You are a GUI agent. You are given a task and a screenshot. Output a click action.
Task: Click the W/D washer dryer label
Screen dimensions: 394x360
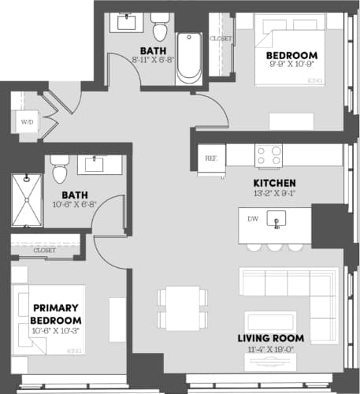coord(26,122)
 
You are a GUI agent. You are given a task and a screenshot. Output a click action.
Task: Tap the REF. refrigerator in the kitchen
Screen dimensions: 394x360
coord(211,157)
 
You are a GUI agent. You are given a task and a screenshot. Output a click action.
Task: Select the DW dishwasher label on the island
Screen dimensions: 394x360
coord(251,219)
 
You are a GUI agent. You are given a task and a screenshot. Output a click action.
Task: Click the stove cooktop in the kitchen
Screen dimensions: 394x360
coord(269,155)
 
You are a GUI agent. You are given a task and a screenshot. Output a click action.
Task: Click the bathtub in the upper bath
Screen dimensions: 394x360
coord(189,57)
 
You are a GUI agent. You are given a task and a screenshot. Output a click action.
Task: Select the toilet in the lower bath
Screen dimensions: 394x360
coord(59,169)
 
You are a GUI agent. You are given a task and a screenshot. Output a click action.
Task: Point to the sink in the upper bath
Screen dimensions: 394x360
coord(126,21)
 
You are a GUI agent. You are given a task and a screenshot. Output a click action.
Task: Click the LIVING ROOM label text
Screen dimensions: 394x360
coord(271,338)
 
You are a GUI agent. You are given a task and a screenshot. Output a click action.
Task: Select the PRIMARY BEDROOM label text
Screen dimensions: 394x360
coord(56,314)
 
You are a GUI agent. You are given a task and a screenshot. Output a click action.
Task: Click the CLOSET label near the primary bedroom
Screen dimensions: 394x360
coord(44,250)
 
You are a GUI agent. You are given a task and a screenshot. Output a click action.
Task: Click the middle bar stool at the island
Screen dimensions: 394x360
coord(274,247)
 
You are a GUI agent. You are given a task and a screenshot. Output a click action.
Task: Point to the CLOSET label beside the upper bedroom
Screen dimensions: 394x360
coord(221,38)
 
